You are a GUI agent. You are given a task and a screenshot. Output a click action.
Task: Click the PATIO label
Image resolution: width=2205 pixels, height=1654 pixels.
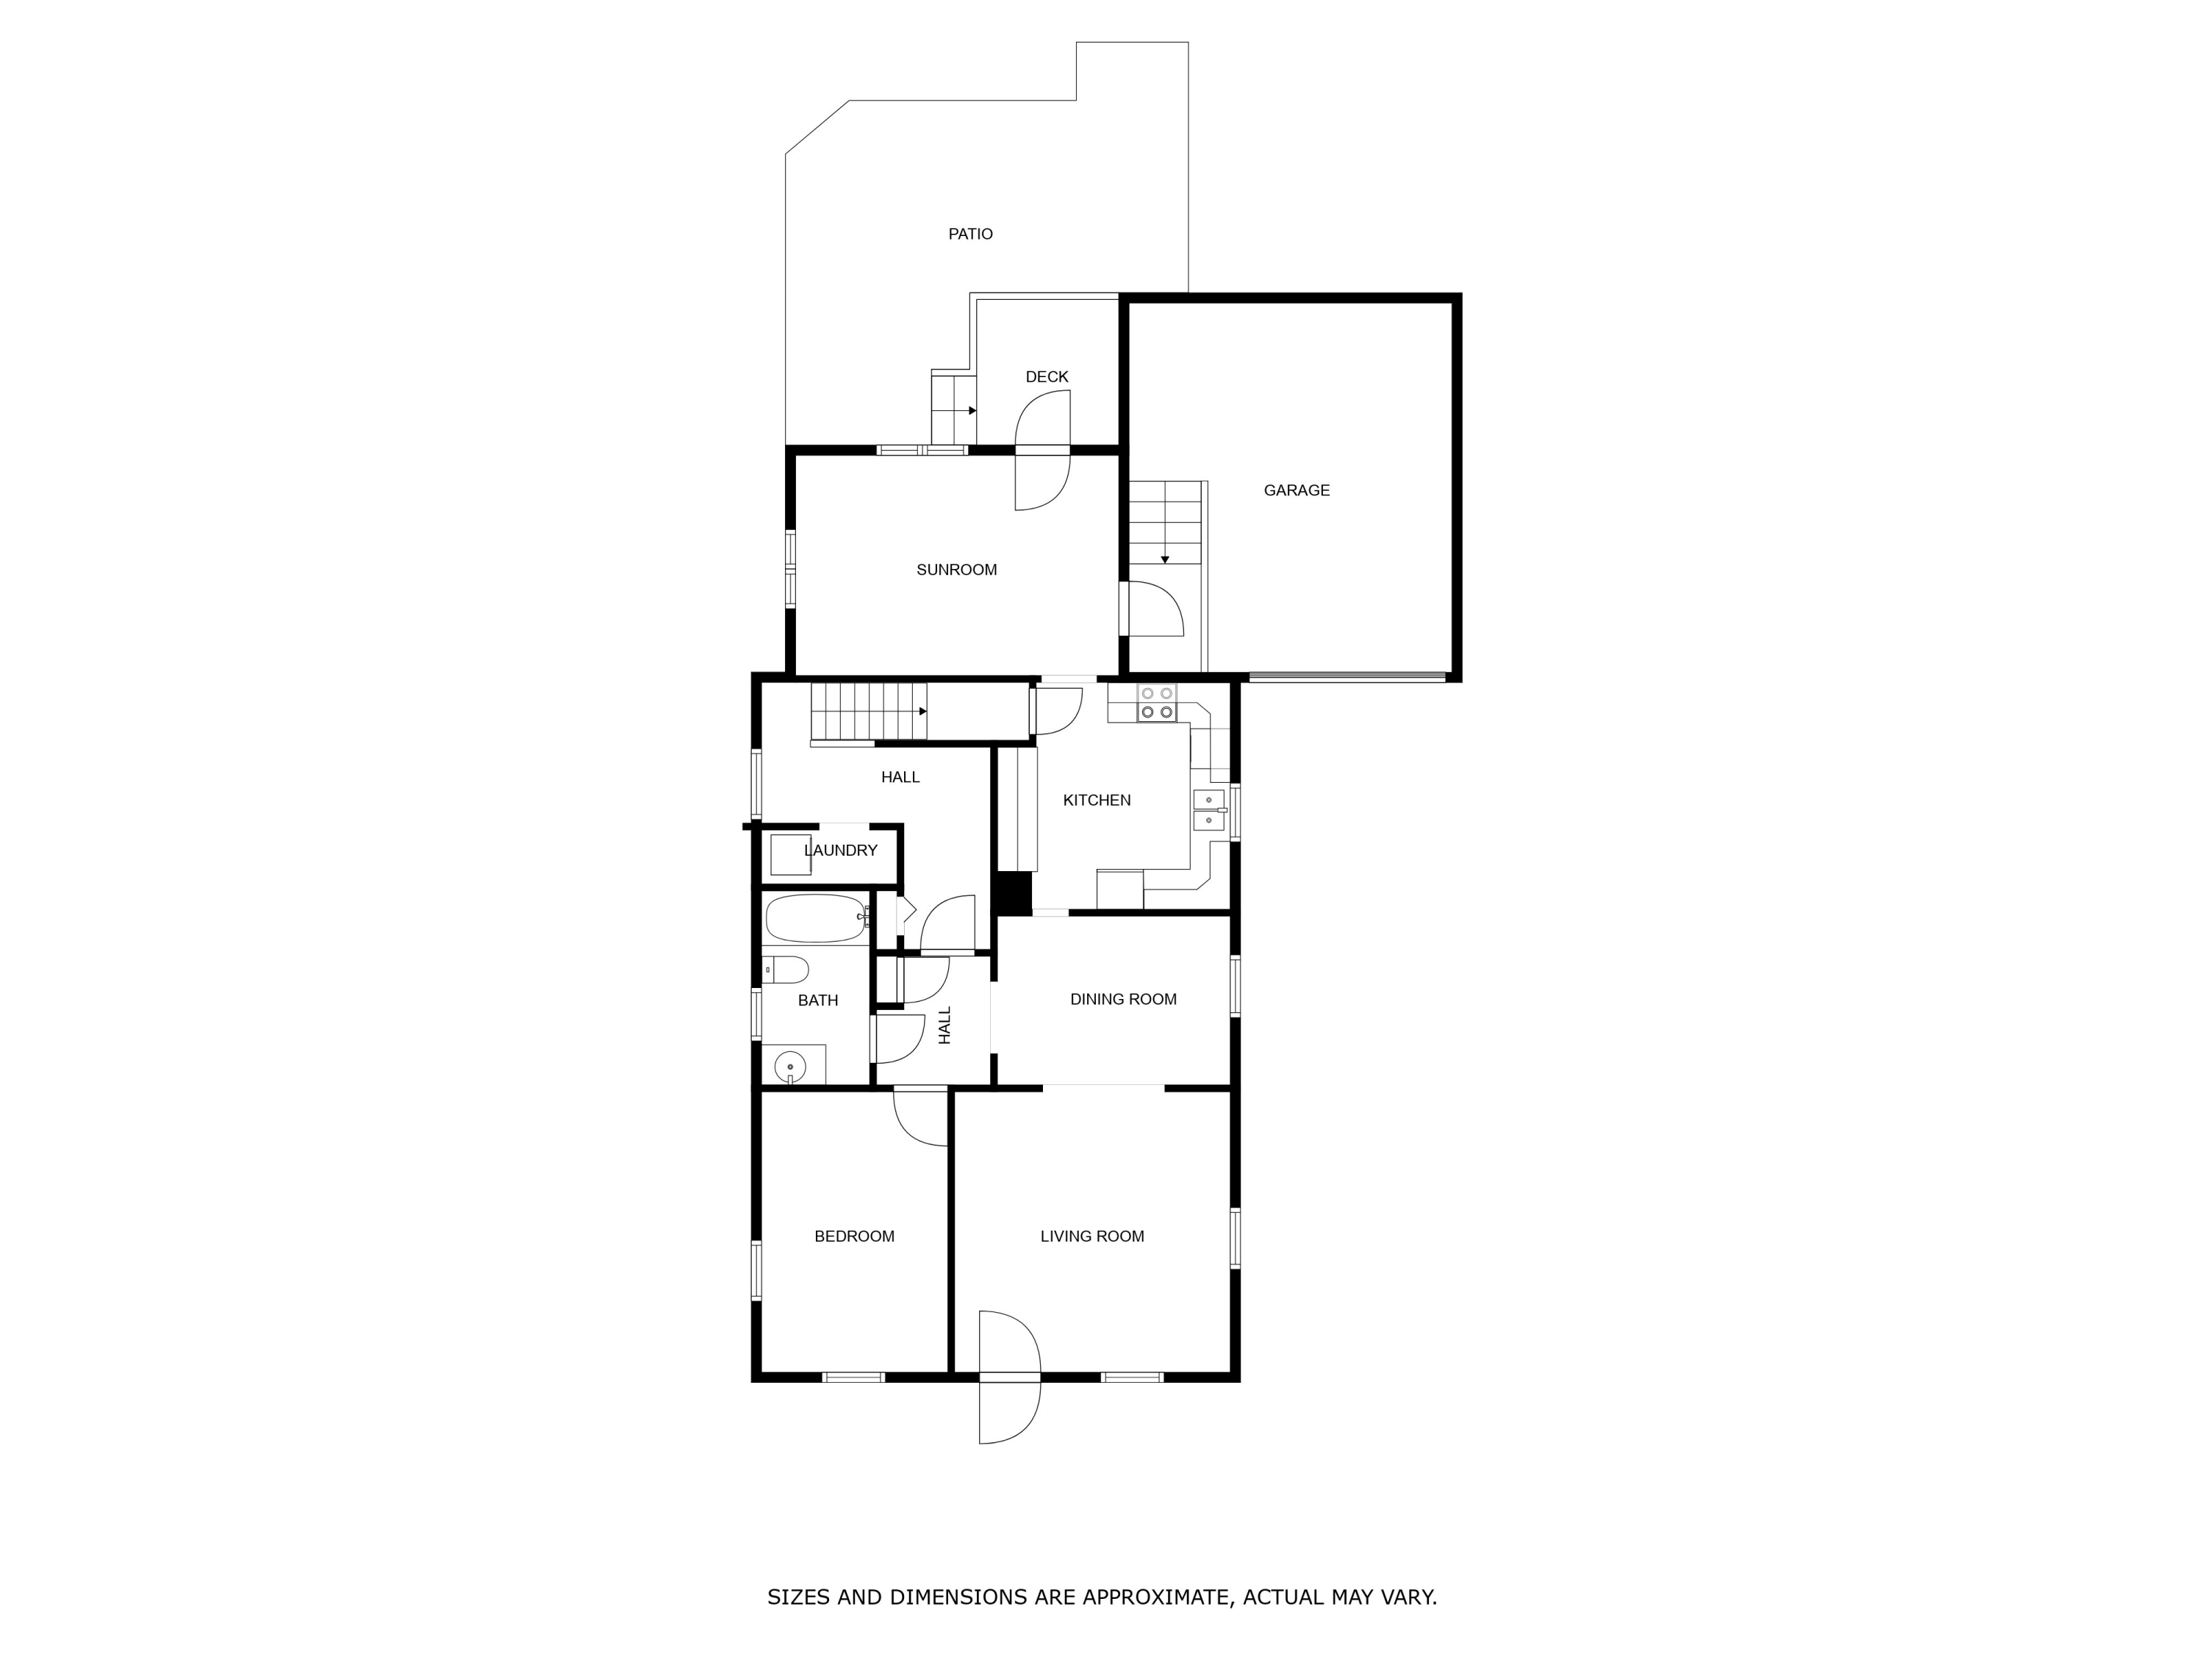pyautogui.click(x=970, y=235)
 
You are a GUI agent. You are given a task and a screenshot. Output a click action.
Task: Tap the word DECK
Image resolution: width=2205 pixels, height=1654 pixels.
pyautogui.click(x=1047, y=377)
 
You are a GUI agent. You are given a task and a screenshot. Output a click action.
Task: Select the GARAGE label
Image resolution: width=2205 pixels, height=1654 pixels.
pyautogui.click(x=1297, y=490)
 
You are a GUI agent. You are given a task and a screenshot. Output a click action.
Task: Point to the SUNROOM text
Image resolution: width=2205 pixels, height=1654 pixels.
pyautogui.click(x=957, y=570)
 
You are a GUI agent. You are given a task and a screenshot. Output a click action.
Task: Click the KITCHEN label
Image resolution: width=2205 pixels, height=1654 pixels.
pyautogui.click(x=1097, y=801)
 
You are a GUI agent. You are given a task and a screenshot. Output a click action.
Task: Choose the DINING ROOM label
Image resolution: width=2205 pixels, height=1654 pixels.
pyautogui.click(x=1123, y=1000)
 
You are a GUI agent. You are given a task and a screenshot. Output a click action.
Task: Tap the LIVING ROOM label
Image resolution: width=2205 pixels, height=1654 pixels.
pyautogui.click(x=1092, y=1237)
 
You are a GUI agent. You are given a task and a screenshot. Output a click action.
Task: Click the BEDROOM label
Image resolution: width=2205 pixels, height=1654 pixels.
pyautogui.click(x=854, y=1237)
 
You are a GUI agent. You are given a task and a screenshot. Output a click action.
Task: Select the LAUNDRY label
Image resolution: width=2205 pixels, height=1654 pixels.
pyautogui.click(x=840, y=851)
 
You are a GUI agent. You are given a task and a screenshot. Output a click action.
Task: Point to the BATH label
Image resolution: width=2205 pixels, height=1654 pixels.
pyautogui.click(x=817, y=1001)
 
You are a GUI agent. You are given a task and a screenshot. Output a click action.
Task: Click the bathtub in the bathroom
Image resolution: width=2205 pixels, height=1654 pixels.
pyautogui.click(x=815, y=919)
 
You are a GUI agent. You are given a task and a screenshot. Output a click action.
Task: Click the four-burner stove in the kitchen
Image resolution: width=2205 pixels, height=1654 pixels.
pyautogui.click(x=1156, y=703)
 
